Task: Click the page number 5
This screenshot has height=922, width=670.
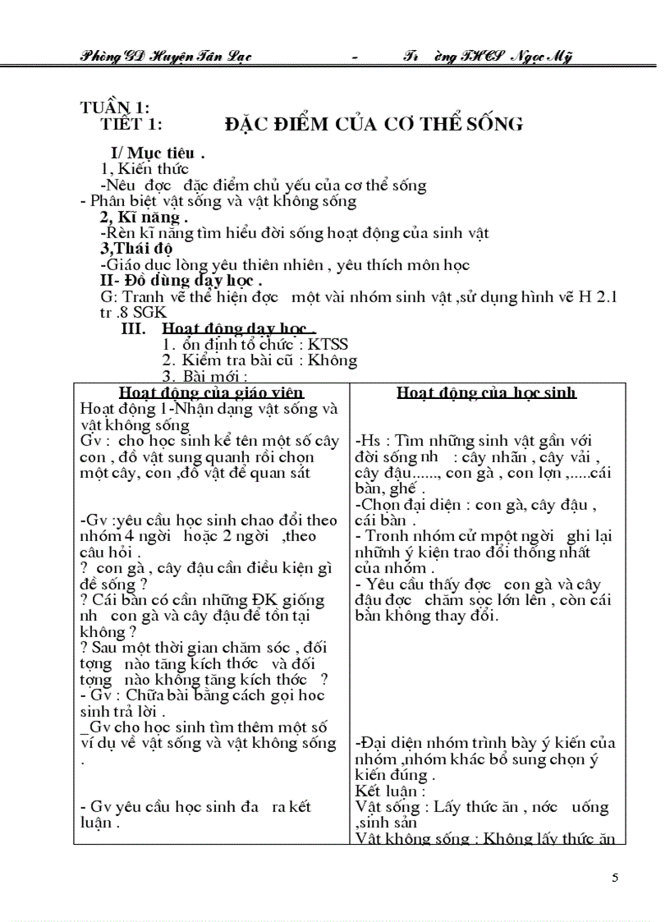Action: (x=615, y=878)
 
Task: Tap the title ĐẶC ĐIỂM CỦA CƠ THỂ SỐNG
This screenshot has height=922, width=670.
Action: (x=374, y=124)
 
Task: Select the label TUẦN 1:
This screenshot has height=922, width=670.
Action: (x=114, y=108)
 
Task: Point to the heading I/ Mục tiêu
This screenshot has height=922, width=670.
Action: (x=158, y=154)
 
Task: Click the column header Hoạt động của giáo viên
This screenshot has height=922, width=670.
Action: (x=211, y=392)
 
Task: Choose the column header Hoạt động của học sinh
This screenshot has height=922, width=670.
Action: (x=486, y=392)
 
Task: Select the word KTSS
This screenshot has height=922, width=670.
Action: (x=328, y=344)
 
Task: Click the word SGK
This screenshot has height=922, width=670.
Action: (x=149, y=313)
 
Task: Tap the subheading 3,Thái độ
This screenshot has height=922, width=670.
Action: (x=136, y=249)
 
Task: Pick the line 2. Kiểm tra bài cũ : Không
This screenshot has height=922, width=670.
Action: (x=259, y=360)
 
